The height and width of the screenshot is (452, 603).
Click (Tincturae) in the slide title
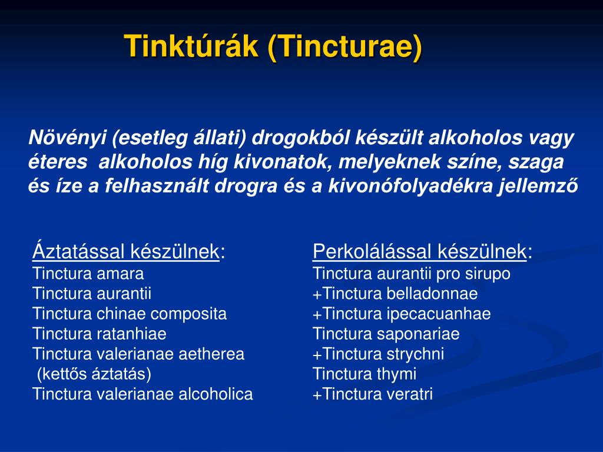pyautogui.click(x=344, y=46)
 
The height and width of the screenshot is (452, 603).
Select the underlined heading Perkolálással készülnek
pyautogui.click(x=420, y=252)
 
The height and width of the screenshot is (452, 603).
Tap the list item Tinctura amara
pyautogui.click(x=88, y=274)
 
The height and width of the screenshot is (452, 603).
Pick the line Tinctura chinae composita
pyautogui.click(x=130, y=314)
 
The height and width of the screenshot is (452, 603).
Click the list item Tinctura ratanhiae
pyautogui.click(x=100, y=334)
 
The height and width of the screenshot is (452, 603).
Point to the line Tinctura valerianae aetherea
pyautogui.click(x=138, y=354)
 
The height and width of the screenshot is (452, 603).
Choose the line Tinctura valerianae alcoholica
pyautogui.click(x=143, y=394)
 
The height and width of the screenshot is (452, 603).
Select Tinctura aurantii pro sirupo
pyautogui.click(x=412, y=274)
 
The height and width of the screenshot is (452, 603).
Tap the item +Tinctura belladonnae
pyautogui.click(x=395, y=294)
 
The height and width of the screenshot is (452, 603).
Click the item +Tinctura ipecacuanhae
pyautogui.click(x=402, y=314)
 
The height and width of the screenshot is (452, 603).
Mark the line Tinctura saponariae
pyautogui.click(x=386, y=334)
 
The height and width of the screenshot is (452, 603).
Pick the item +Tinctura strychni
pyautogui.click(x=379, y=354)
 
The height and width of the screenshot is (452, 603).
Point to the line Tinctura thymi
pyautogui.click(x=365, y=374)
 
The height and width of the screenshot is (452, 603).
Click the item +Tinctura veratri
pyautogui.click(x=373, y=394)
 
